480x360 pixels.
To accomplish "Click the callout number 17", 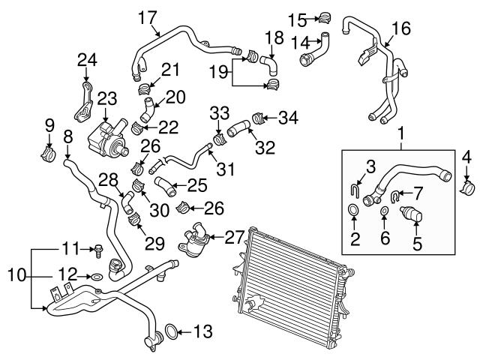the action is [x=148, y=18].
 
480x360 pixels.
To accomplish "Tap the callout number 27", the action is [x=235, y=237].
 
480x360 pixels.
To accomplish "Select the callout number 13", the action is [x=203, y=331].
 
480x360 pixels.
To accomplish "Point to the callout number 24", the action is [x=87, y=60].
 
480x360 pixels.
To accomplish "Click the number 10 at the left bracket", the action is [x=16, y=274].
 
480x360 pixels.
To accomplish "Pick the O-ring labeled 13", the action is [x=171, y=331].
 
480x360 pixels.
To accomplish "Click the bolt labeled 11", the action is [x=98, y=251].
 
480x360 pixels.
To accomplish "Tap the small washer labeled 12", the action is [x=97, y=277].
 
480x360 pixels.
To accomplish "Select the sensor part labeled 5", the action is [x=411, y=216].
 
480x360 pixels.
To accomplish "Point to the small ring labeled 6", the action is [x=385, y=211].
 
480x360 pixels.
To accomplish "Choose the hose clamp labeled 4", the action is [x=468, y=188].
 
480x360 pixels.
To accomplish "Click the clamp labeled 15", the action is [x=325, y=17].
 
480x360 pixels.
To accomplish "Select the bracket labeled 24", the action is [x=83, y=102].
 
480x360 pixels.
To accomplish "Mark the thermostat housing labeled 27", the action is [x=193, y=240].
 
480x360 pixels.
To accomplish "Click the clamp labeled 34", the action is [x=257, y=118].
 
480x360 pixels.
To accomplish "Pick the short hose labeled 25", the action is [x=165, y=186].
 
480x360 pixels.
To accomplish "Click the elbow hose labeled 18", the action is [x=269, y=65].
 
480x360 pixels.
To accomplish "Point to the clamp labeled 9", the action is [x=48, y=154].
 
